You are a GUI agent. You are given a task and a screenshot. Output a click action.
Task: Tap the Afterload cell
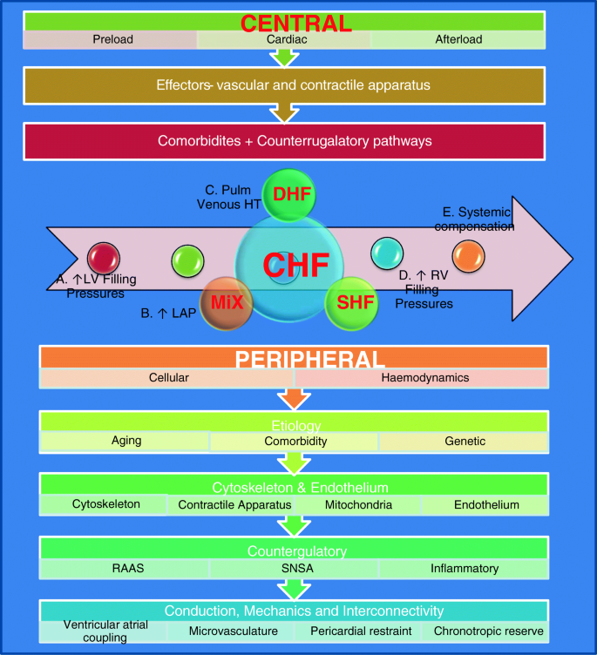click(458, 39)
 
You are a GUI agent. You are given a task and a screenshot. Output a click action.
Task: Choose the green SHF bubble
click(349, 303)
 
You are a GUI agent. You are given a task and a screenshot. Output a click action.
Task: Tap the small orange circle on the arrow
click(467, 256)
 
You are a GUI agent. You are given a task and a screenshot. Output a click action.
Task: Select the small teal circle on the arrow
click(386, 253)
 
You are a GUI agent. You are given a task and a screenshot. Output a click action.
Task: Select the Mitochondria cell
click(358, 504)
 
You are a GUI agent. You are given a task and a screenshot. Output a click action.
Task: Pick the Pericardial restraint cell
click(358, 630)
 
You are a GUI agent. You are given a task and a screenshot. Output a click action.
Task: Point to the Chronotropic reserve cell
click(484, 630)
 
